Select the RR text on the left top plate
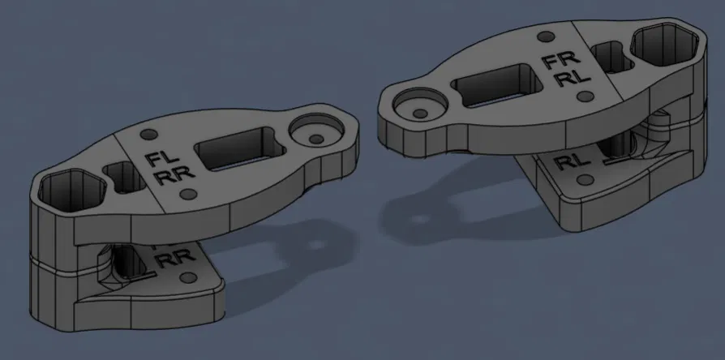click(x=166, y=176)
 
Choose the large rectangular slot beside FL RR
click(x=238, y=148)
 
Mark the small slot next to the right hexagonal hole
click(x=611, y=58)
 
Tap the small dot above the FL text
click(x=148, y=133)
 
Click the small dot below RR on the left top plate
click(x=189, y=194)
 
